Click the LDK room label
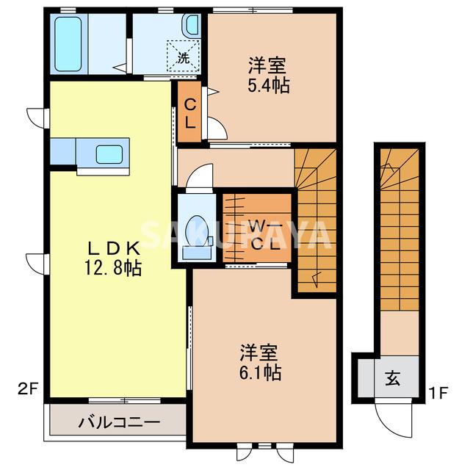113,247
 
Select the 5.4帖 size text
268,85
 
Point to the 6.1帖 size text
260,372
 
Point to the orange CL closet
189,113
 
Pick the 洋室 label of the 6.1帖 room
259,351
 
